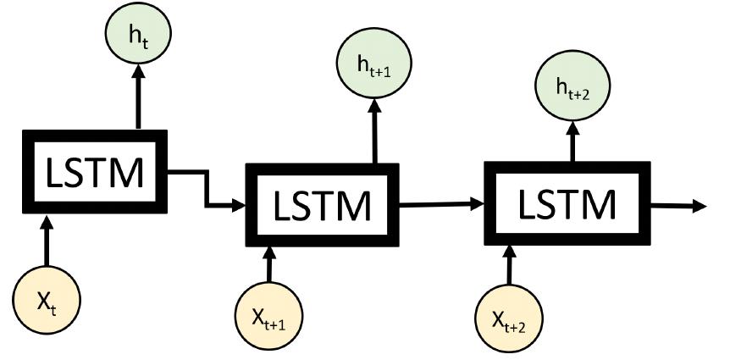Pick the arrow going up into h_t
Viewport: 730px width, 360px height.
(136, 97)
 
